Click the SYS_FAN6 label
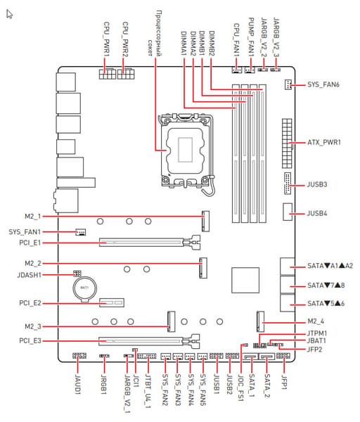coord(323,84)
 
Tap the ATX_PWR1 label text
coord(324,142)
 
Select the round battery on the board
coord(84,288)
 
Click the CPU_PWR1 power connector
coord(108,73)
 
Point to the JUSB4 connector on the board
coord(288,212)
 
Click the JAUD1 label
coord(78,383)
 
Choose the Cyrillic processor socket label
coord(155,33)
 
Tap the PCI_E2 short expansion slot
coord(112,302)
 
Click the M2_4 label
coord(316,321)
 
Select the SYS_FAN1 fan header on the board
coord(80,232)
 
